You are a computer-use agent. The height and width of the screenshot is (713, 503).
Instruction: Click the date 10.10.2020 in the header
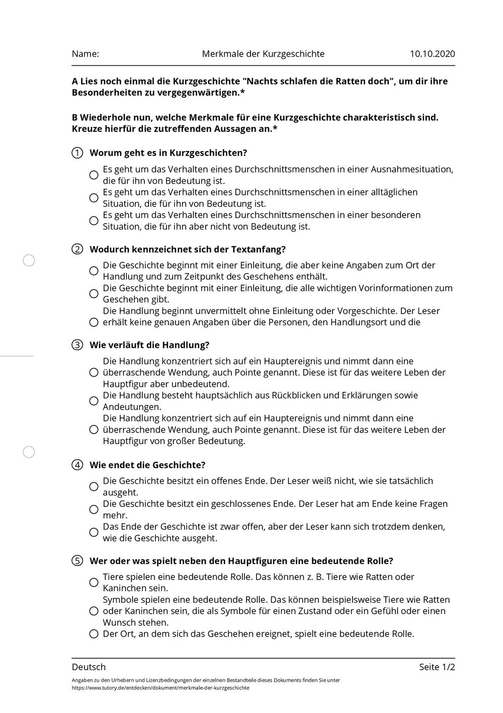pyautogui.click(x=432, y=54)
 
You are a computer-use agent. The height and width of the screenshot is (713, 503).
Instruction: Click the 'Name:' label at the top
pyautogui.click(x=85, y=54)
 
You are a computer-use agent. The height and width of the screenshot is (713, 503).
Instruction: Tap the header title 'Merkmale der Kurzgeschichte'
pyautogui.click(x=263, y=54)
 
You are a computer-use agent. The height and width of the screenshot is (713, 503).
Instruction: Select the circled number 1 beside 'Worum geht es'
pyautogui.click(x=77, y=153)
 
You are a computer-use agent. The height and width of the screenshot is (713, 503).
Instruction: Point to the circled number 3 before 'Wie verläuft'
pyautogui.click(x=77, y=345)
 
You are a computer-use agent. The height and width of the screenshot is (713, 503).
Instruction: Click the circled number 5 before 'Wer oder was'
pyautogui.click(x=77, y=561)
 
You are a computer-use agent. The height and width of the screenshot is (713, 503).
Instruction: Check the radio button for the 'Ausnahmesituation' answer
pyautogui.click(x=94, y=175)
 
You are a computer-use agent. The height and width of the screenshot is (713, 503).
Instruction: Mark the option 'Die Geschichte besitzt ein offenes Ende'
pyautogui.click(x=94, y=486)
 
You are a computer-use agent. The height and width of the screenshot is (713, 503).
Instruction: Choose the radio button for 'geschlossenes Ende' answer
pyautogui.click(x=94, y=510)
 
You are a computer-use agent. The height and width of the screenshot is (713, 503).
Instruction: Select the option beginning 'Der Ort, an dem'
pyautogui.click(x=94, y=634)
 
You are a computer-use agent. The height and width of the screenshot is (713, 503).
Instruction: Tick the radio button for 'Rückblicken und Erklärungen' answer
pyautogui.click(x=94, y=401)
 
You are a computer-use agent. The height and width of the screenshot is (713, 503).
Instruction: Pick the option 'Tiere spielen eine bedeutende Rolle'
pyautogui.click(x=94, y=583)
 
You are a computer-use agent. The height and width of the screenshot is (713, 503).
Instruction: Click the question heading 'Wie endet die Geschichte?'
pyautogui.click(x=147, y=465)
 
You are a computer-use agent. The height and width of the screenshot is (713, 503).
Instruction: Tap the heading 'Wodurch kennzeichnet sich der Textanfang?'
pyautogui.click(x=188, y=249)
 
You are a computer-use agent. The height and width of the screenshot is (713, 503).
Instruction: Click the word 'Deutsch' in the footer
pyautogui.click(x=89, y=667)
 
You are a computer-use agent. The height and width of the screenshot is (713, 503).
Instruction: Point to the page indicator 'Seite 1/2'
pyautogui.click(x=437, y=667)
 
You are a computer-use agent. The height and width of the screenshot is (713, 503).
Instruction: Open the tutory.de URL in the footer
pyautogui.click(x=160, y=688)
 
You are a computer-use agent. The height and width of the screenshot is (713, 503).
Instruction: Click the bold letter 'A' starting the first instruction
pyautogui.click(x=75, y=81)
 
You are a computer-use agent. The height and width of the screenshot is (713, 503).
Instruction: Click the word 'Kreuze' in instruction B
pyautogui.click(x=86, y=129)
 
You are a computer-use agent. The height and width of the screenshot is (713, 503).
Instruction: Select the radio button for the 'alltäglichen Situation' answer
pyautogui.click(x=94, y=198)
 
